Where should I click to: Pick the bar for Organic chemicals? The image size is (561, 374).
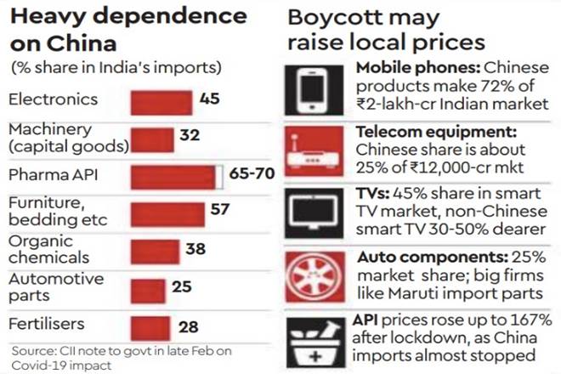156,251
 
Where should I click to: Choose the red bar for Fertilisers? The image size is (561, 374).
150,326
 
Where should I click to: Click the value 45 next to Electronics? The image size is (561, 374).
210,99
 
